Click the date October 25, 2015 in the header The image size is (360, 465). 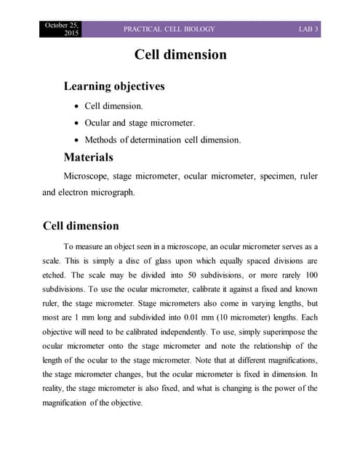62,29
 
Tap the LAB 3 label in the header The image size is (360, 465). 309,29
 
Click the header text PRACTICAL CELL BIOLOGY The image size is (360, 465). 169,29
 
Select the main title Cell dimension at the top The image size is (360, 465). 180,55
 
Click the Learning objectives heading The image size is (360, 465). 114,86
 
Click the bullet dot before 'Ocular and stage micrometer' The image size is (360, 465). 76,123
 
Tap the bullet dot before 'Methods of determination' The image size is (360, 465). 76,139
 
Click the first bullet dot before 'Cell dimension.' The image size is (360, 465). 76,107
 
